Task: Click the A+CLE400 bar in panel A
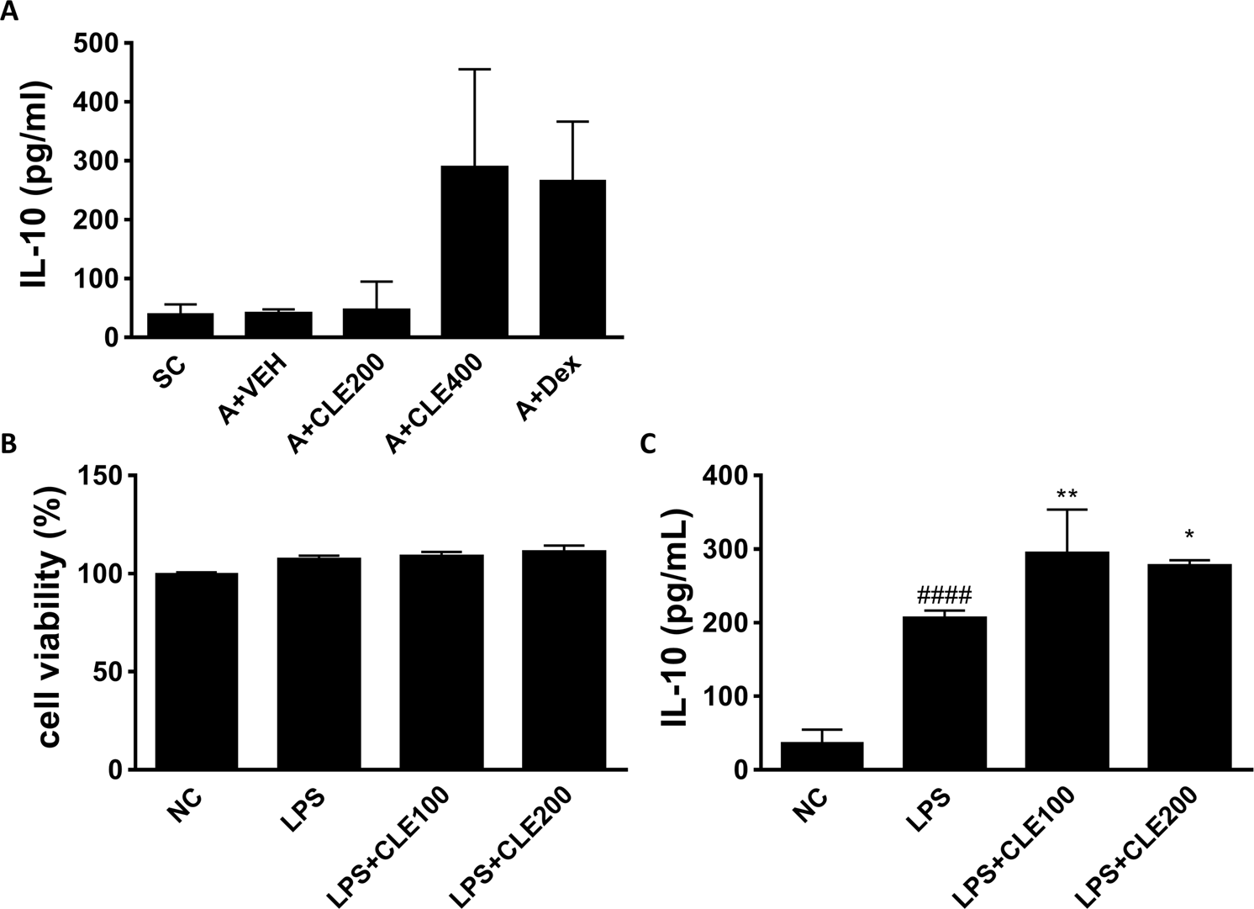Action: click(474, 252)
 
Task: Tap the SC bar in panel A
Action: click(180, 325)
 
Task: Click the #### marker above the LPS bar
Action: click(944, 596)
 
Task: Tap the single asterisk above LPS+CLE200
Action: click(1189, 535)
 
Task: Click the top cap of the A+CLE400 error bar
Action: click(474, 69)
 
